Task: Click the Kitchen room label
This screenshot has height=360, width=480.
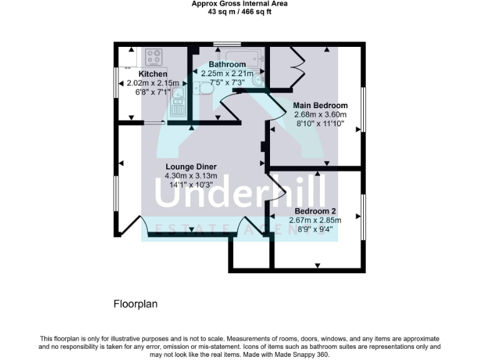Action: coord(152,74)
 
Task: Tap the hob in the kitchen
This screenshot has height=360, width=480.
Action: coord(154,57)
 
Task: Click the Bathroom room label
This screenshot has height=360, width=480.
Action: coord(227,64)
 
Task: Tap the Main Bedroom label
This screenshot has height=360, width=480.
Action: coord(321,106)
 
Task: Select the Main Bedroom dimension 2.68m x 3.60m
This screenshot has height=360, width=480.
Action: coord(321,114)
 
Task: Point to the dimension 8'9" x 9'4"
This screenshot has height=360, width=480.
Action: coord(315,229)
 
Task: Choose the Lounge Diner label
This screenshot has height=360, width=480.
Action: coord(191,167)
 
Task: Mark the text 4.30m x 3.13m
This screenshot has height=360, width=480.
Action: coord(191,176)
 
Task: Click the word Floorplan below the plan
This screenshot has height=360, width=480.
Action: coord(135,304)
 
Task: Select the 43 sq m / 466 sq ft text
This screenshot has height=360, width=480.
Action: coord(239,11)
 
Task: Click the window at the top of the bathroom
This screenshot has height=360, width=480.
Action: coord(227,44)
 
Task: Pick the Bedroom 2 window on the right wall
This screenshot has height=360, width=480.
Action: coord(363,216)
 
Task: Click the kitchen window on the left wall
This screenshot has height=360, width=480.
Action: coord(115,81)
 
